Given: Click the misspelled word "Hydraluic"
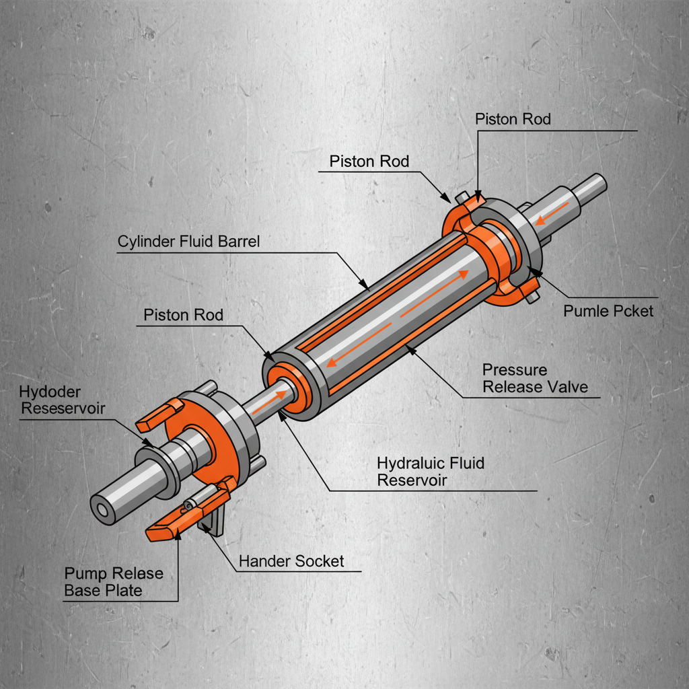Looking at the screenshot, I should click(411, 463).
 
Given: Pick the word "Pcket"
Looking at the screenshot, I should click(629, 312).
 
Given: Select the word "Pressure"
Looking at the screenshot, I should click(515, 369).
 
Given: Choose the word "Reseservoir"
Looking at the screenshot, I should click(64, 408).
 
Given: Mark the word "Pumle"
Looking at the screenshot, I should click(585, 312).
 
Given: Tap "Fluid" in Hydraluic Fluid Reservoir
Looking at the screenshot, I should click(464, 463).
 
